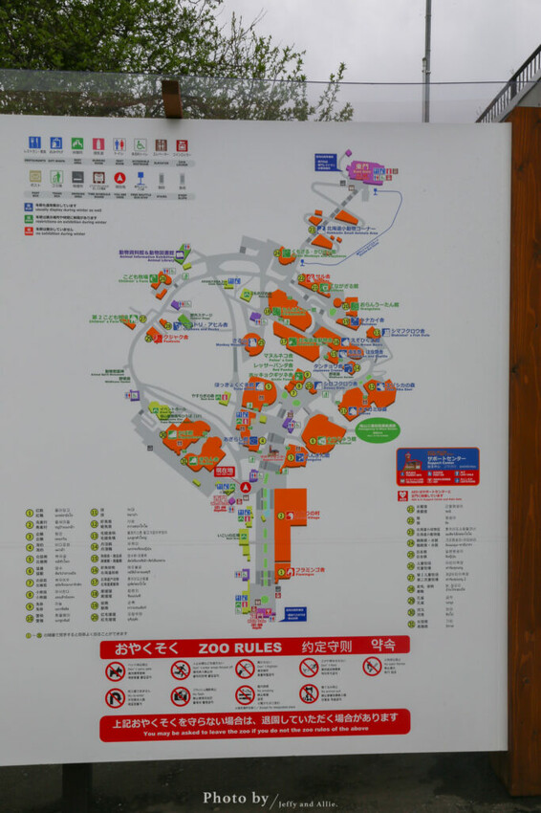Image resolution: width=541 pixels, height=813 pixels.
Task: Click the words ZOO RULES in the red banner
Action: (240, 648)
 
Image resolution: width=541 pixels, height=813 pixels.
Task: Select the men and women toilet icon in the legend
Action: (119, 144)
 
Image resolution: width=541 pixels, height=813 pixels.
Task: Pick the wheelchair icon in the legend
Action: (141, 144)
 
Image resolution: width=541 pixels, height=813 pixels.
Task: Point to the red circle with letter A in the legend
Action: (119, 178)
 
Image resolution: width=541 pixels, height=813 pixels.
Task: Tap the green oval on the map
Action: (379, 430)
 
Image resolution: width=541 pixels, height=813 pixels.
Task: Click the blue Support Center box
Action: (438, 466)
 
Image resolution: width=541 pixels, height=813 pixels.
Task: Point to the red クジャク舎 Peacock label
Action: (175, 338)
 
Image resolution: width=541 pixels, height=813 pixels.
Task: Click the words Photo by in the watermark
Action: (235, 799)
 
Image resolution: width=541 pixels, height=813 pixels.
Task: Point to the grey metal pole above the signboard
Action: (427, 57)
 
